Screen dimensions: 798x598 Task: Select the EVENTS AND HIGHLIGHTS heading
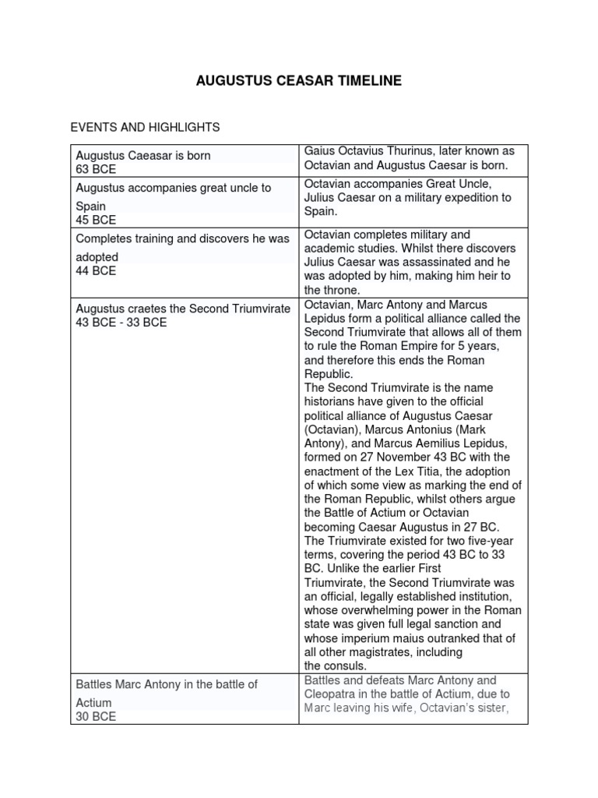click(146, 127)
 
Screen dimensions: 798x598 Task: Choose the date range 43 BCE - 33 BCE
click(121, 323)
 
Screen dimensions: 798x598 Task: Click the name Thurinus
click(409, 150)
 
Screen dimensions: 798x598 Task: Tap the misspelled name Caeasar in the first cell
click(146, 156)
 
